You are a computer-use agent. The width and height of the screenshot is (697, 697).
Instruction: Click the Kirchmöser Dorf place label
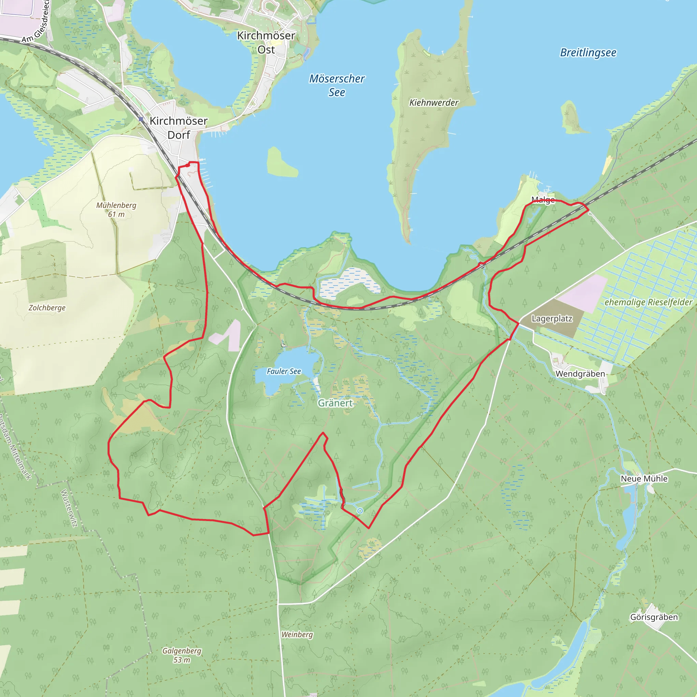click(178, 128)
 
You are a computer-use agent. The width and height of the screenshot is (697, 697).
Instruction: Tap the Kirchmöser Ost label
click(266, 43)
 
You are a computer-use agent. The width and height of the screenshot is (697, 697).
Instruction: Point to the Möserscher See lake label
click(337, 85)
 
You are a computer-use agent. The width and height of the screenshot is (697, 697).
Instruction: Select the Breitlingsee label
click(588, 53)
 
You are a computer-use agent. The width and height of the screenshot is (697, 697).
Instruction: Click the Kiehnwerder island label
click(434, 103)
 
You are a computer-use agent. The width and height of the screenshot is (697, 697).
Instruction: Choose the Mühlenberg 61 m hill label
click(116, 210)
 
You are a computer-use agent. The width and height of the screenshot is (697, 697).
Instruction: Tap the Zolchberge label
click(47, 308)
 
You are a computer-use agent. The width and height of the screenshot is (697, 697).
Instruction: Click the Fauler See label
click(283, 371)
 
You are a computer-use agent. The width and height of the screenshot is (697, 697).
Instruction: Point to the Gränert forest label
click(335, 403)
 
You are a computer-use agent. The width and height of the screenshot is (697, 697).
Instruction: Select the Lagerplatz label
click(552, 319)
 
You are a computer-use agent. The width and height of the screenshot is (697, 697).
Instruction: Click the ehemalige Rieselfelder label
click(648, 302)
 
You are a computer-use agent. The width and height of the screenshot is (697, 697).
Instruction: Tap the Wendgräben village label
click(580, 374)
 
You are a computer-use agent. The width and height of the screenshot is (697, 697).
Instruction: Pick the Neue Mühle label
click(644, 479)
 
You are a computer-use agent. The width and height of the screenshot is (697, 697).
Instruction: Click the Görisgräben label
click(654, 617)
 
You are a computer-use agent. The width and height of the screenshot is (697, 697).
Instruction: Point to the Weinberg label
click(297, 635)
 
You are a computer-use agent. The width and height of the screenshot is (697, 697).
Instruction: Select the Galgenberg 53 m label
click(181, 655)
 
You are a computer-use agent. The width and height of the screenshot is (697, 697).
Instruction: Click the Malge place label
click(543, 199)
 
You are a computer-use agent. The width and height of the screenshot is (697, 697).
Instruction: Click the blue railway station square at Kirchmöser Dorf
click(141, 119)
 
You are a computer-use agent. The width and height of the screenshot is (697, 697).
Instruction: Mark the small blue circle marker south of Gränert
click(360, 511)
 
